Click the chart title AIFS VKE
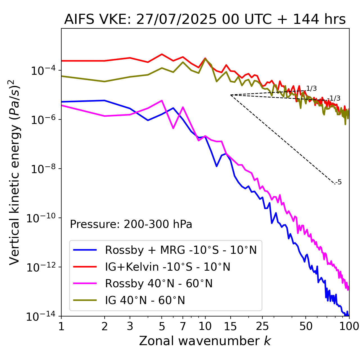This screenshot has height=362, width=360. tap(205, 20)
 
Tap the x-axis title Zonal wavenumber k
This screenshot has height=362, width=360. tap(205, 341)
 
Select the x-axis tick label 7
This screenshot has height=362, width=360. tap(183, 326)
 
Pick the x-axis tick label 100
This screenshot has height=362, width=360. tap(349, 326)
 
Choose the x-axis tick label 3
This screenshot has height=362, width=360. tap(130, 326)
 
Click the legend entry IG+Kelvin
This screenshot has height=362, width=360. tap(168, 267)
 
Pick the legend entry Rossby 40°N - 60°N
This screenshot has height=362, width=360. tap(159, 284)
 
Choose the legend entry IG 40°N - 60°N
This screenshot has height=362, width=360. tap(145, 300)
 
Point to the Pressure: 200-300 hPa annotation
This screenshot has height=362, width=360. tap(131, 224)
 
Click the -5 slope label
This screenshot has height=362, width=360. tap(339, 182)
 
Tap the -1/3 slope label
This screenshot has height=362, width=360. tap(334, 98)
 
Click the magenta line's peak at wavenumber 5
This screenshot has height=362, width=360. tap(162, 100)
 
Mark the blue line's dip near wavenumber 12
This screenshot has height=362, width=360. tap(217, 166)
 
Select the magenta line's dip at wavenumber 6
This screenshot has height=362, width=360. tap(173, 128)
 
